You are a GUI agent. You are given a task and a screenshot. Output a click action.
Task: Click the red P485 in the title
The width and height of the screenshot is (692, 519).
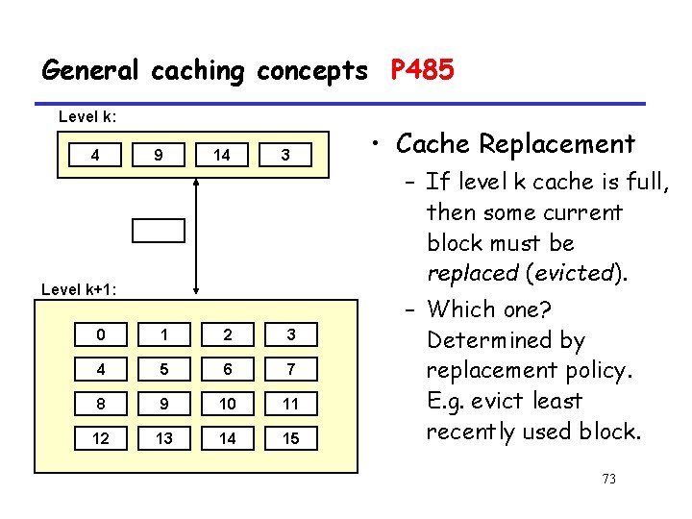coord(422,70)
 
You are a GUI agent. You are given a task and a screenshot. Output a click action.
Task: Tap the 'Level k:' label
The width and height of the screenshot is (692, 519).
coord(88,117)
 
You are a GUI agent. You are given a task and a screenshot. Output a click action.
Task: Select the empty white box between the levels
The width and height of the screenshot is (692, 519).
coord(159,230)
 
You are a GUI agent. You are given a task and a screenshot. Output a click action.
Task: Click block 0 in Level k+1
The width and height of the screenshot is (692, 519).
coord(102,334)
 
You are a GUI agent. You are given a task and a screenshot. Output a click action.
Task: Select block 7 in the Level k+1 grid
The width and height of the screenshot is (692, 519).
coord(290,369)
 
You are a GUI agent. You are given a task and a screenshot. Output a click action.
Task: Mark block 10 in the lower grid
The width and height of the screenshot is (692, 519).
coord(228,404)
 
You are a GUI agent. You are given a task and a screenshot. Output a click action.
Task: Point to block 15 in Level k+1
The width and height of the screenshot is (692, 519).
coord(290,438)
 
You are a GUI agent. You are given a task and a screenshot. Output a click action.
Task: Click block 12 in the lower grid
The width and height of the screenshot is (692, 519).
coord(102,438)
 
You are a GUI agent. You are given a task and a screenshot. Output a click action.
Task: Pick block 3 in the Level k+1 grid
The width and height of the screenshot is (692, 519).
coord(290,334)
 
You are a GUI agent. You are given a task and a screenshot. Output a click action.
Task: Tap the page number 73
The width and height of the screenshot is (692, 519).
coord(607,479)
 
